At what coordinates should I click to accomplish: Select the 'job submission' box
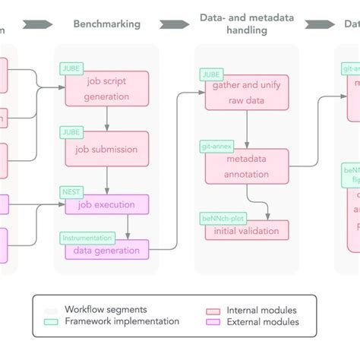coord(106,149)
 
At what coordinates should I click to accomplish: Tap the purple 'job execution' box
coord(106,204)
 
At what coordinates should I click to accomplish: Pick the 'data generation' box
coord(106,250)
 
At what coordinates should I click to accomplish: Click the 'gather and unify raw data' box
coord(247,94)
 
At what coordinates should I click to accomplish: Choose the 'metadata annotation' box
coord(247,166)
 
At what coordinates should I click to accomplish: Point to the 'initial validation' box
coord(247,231)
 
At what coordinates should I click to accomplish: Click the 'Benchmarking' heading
coord(106,24)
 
